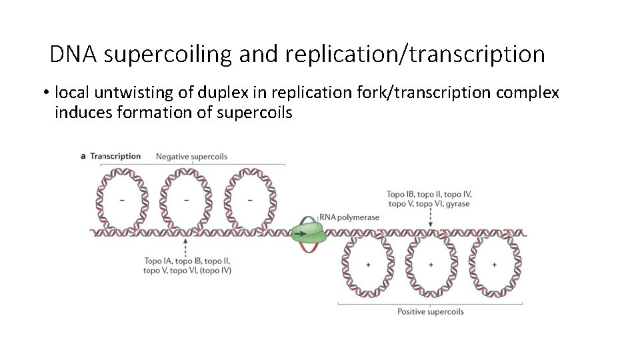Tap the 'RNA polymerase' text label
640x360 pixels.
(349, 217)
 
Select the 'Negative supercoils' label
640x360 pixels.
(191, 157)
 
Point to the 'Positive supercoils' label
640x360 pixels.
(430, 311)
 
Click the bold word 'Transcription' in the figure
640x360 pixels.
(115, 156)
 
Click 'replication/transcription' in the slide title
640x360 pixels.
(415, 54)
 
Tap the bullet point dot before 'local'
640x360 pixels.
(42, 92)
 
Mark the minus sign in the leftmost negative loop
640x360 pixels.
(121, 199)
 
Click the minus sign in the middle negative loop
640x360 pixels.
(185, 199)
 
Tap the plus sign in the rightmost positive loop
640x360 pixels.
(494, 265)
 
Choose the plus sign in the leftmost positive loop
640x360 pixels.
(367, 265)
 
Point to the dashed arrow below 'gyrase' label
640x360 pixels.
(431, 217)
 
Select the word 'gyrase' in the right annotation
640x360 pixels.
(457, 204)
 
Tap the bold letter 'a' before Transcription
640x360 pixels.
(83, 156)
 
